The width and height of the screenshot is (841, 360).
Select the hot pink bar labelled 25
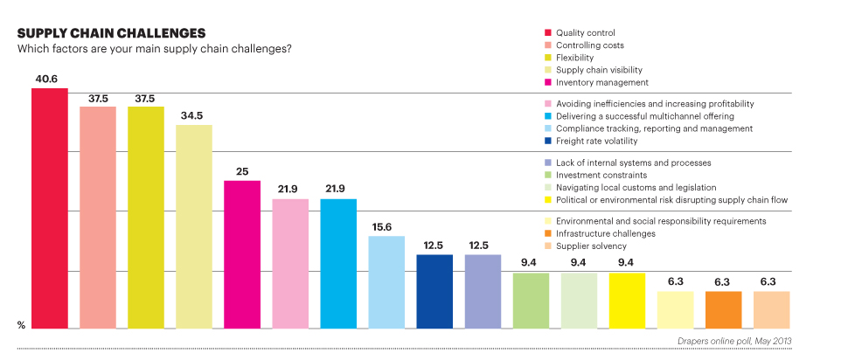click(242, 254)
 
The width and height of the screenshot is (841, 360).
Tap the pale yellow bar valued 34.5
click(194, 226)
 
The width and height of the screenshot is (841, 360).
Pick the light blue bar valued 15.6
click(386, 282)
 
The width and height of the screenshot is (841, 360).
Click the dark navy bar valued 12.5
click(434, 292)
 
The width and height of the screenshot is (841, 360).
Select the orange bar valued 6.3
click(723, 310)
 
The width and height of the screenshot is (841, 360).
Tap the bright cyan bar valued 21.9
click(338, 264)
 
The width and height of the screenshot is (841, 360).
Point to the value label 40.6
click(48, 80)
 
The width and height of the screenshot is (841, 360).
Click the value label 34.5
click(193, 116)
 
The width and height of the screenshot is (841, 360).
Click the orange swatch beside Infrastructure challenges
click(546, 234)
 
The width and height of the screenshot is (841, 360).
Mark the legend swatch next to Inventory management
click(546, 82)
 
